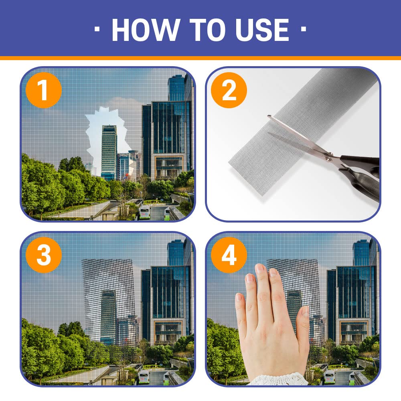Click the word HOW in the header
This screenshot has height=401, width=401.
[146, 30]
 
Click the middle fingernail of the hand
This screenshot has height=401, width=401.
[260, 269]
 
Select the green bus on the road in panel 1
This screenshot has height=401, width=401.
[144, 212]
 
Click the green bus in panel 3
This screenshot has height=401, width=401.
[144, 377]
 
